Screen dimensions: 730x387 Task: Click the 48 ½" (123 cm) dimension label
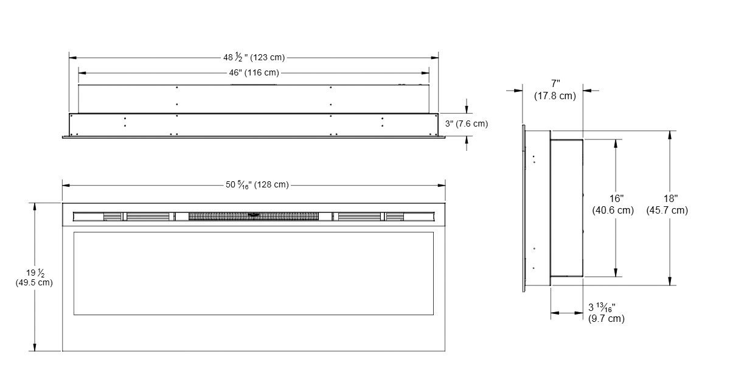(x=254, y=57)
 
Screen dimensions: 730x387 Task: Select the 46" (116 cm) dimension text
(x=254, y=72)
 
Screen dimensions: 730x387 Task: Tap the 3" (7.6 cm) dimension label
(x=467, y=124)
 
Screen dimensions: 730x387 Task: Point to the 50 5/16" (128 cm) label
(x=257, y=185)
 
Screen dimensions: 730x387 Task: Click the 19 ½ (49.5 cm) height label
(x=34, y=277)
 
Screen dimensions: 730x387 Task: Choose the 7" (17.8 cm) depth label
(x=555, y=89)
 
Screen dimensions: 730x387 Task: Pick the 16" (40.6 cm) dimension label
(x=613, y=204)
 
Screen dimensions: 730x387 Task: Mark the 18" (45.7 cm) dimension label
(x=667, y=204)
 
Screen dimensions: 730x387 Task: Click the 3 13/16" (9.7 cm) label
(x=606, y=312)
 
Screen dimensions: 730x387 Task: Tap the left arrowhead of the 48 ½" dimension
(x=72, y=58)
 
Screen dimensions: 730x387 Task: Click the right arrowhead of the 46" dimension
(x=425, y=73)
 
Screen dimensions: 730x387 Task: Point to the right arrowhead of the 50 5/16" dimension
(x=442, y=186)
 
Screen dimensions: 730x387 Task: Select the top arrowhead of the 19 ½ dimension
(x=35, y=207)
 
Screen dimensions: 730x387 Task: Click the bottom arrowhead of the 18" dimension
(x=670, y=281)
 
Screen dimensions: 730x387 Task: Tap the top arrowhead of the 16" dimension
(x=616, y=144)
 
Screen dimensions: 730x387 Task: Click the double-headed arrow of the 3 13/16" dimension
(x=567, y=313)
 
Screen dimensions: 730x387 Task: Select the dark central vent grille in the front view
(x=254, y=216)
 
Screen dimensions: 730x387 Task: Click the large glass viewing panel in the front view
(x=254, y=274)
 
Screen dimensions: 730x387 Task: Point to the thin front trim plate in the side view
(x=524, y=208)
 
